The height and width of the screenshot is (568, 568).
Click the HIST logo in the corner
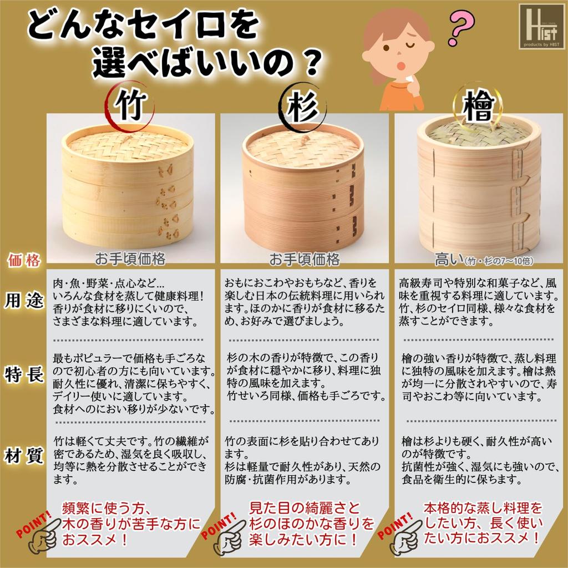point(541,26)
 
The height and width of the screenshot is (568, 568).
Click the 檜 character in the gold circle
point(479,108)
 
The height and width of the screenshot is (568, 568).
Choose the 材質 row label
point(24,456)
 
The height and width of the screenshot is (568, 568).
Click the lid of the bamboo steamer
point(128,144)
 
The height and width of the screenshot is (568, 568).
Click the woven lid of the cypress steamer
point(478,133)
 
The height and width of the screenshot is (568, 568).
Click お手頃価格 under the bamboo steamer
point(130,259)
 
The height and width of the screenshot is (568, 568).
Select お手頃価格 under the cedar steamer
point(305,259)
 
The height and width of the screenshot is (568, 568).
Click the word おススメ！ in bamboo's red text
point(95,538)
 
